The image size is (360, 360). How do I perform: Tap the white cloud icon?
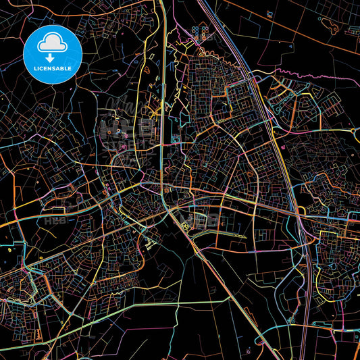pyautogui.click(x=52, y=43)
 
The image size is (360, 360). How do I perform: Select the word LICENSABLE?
pyautogui.click(x=52, y=68)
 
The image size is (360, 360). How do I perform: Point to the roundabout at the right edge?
pyautogui.click(x=353, y=130)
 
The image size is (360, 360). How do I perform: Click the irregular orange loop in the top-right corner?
pyautogui.click(x=331, y=25)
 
